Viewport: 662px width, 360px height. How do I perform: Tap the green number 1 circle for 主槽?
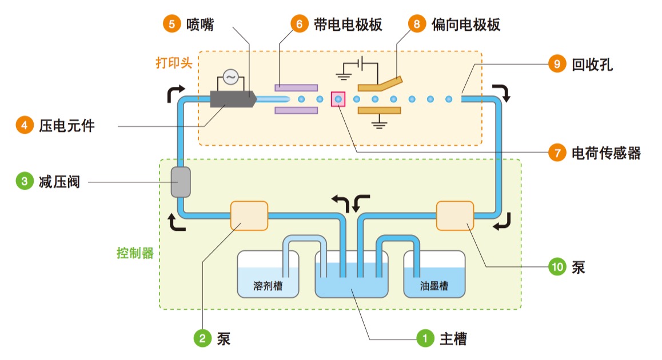(x=425, y=338)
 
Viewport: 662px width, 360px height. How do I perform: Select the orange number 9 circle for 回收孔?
(x=557, y=64)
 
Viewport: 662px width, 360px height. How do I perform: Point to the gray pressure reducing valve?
(x=181, y=182)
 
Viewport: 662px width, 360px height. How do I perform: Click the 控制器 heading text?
(x=135, y=253)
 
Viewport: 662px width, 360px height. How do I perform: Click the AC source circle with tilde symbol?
(x=230, y=77)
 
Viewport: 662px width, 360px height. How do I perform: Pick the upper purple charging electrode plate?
(x=296, y=88)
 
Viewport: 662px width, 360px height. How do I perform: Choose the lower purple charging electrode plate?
(x=296, y=110)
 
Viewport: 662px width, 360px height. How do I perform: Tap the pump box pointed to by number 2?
(x=249, y=216)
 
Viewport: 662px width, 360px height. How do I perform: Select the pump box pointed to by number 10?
(x=455, y=216)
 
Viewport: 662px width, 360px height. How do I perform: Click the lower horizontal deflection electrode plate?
(x=378, y=110)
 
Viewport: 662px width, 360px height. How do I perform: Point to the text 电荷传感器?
(x=606, y=153)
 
